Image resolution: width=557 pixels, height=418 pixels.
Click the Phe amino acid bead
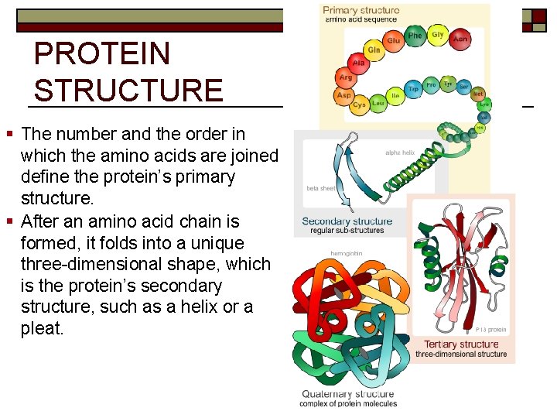[415, 36]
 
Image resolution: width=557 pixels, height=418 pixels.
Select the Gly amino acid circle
[438, 35]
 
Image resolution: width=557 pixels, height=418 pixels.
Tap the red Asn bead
[460, 39]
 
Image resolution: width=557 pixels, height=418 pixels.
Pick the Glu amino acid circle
[394, 40]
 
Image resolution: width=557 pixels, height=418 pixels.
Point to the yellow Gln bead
[374, 50]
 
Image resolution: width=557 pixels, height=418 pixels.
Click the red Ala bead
[358, 63]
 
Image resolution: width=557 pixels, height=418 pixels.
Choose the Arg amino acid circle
[346, 78]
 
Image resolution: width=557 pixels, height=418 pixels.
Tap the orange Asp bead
[344, 95]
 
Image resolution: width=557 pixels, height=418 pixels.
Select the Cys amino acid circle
[360, 104]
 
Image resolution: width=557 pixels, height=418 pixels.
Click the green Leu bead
[378, 102]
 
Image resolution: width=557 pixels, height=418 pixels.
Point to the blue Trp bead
[414, 87]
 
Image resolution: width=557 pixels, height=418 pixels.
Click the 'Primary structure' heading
[361, 11]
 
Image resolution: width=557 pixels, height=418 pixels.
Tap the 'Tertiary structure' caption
[461, 344]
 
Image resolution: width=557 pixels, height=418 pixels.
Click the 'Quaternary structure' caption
[348, 394]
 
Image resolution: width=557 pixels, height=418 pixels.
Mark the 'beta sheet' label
[321, 188]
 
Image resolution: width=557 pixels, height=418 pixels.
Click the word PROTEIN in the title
[102, 54]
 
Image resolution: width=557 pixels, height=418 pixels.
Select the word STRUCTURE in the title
[128, 90]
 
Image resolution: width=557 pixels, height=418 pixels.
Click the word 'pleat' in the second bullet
[42, 329]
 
